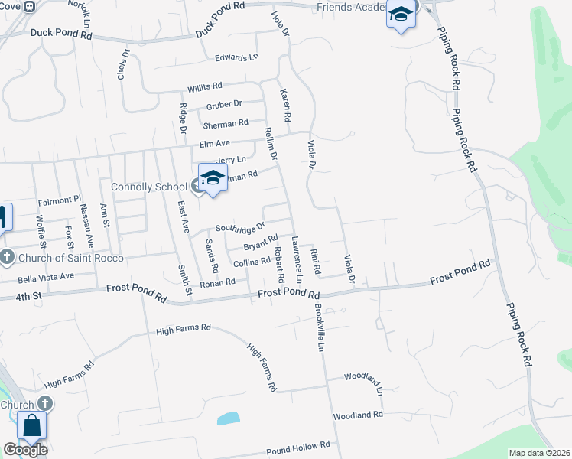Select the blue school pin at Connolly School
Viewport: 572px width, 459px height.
click(213, 179)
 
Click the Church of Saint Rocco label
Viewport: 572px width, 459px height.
click(63, 257)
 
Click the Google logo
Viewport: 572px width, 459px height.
click(24, 450)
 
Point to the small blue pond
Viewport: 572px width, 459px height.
click(228, 418)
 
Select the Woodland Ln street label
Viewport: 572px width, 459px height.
click(362, 377)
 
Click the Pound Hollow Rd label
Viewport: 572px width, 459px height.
click(297, 444)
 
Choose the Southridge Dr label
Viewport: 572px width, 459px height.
click(239, 227)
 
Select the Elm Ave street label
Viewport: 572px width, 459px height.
click(214, 143)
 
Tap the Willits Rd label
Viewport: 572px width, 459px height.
click(204, 86)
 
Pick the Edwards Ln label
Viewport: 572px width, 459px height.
click(236, 57)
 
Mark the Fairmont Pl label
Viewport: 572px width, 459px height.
click(59, 200)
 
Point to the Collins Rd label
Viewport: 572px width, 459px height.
click(252, 262)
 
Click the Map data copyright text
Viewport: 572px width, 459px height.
click(539, 453)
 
